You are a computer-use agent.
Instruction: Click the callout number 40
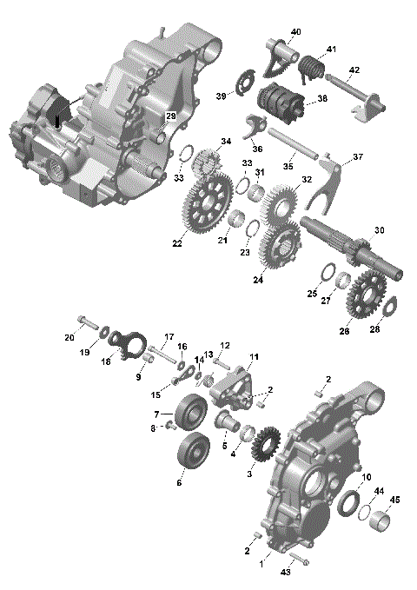click(x=295, y=32)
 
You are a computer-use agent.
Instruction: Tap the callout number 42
click(x=354, y=70)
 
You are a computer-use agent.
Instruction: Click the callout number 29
click(x=171, y=116)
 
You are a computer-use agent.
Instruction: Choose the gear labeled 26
click(x=365, y=295)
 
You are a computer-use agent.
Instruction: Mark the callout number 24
click(x=258, y=281)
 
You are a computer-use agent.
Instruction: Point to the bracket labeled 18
click(x=129, y=341)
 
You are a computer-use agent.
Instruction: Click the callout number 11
click(x=254, y=357)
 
